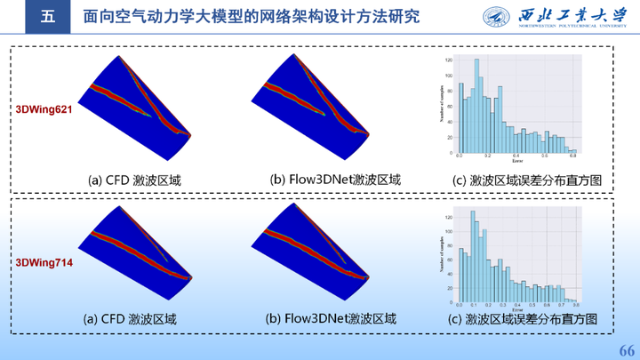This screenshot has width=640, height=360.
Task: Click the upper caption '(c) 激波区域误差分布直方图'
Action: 527,180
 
